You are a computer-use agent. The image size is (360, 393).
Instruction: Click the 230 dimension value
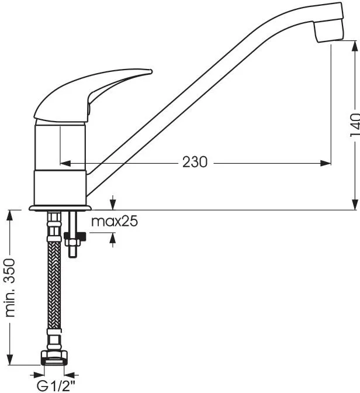[x=195, y=162]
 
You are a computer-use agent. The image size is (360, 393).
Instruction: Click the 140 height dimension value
[x=355, y=125]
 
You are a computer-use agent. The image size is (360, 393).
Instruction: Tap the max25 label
[x=115, y=221]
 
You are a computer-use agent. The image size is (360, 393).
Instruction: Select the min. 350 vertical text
[x=11, y=288]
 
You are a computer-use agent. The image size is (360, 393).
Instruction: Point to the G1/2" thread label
[x=56, y=386]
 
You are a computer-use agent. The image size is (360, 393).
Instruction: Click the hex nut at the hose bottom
[x=54, y=358]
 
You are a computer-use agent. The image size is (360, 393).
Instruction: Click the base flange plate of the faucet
[x=60, y=208]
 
